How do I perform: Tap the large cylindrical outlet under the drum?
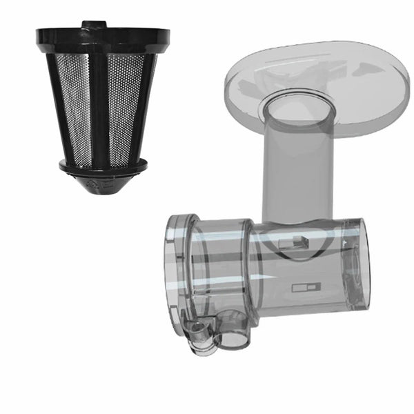coord(232,330)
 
